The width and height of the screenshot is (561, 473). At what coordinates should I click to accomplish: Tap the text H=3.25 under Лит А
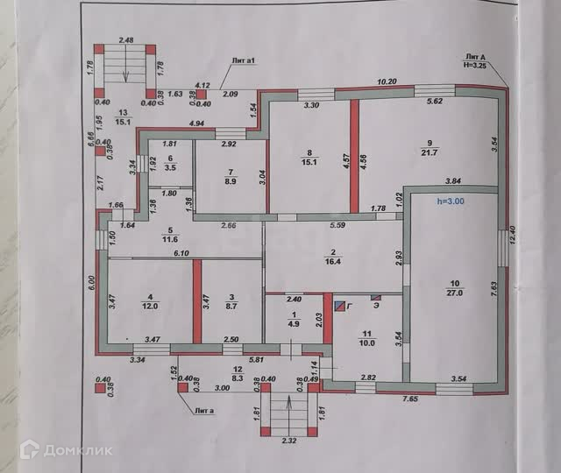coord(476,65)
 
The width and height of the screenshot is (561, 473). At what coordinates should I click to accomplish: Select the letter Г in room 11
coord(351,307)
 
